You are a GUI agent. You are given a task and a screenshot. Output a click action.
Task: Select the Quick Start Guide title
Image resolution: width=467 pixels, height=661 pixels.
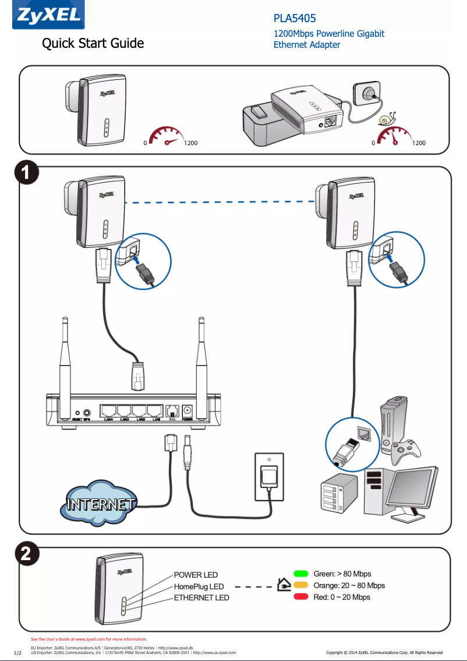pyautogui.click(x=93, y=43)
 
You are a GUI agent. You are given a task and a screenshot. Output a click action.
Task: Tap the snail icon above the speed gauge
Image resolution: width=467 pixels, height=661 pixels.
pyautogui.click(x=386, y=119)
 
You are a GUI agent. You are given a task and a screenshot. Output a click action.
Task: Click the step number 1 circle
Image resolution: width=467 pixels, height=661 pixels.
pyautogui.click(x=26, y=174)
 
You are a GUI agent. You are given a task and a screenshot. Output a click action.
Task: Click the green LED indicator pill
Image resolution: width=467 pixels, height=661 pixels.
pyautogui.click(x=300, y=574)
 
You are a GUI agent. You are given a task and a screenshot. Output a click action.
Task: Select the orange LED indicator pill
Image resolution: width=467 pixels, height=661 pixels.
pyautogui.click(x=300, y=585)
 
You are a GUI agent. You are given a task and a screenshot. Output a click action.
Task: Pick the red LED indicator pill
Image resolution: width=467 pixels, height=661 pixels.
pyautogui.click(x=300, y=597)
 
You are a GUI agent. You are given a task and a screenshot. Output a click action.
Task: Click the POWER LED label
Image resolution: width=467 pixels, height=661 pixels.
pyautogui.click(x=196, y=575)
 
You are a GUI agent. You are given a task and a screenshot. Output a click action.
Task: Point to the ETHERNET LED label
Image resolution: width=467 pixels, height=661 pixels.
pyautogui.click(x=201, y=597)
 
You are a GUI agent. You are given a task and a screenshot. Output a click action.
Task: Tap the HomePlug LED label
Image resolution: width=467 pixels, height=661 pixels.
pyautogui.click(x=199, y=586)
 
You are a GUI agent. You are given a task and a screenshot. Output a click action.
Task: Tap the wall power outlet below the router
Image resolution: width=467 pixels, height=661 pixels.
pyautogui.click(x=269, y=476)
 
